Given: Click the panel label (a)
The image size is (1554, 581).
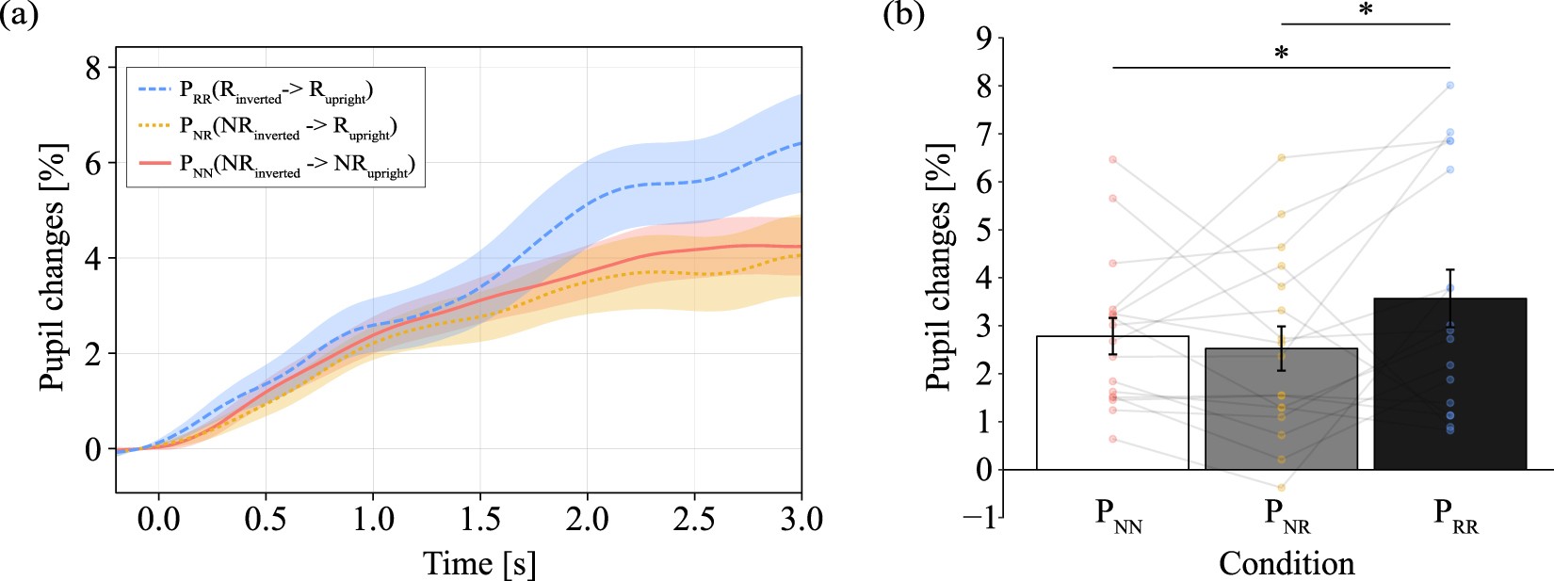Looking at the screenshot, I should (x=19, y=16).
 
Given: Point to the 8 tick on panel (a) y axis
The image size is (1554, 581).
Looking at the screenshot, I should (x=92, y=68).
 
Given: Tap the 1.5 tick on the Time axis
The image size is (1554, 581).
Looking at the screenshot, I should (x=480, y=519).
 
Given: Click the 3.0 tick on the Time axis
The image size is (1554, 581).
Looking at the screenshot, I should (x=801, y=519).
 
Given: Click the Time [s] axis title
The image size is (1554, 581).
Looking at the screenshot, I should (x=479, y=563).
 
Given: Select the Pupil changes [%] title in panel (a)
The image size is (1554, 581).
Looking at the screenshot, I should (x=53, y=266).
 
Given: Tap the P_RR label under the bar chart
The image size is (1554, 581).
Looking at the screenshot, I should (x=1455, y=515).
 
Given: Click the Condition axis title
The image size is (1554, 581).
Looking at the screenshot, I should (x=1287, y=563).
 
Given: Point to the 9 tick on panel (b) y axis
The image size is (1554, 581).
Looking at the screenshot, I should (x=983, y=38).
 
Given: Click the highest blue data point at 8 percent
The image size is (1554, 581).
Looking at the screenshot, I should (x=1450, y=86).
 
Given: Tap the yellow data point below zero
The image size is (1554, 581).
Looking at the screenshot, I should (x=1282, y=488).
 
